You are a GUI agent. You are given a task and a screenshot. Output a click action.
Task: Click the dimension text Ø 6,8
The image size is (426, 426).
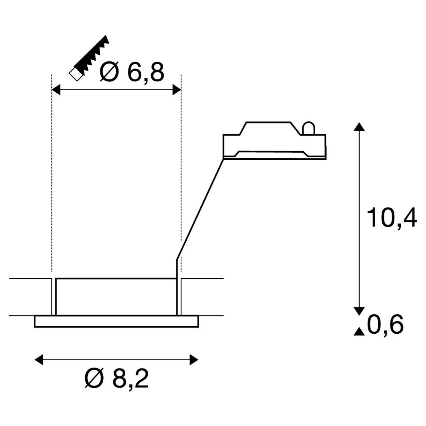(132, 73)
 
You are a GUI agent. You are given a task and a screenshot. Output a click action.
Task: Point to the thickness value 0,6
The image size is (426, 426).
(386, 325)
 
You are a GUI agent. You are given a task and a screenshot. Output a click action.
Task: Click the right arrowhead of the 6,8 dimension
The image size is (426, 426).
(176, 90)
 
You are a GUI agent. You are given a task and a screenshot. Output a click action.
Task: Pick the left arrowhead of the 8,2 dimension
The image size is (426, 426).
(39, 360)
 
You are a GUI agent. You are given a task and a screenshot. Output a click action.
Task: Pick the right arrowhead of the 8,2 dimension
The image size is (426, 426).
(194, 360)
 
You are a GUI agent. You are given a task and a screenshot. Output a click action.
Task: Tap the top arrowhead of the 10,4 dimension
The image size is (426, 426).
(360, 127)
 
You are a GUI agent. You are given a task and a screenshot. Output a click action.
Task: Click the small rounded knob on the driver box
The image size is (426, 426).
(308, 128)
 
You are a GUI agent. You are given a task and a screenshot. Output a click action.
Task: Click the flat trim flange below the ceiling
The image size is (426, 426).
(116, 321)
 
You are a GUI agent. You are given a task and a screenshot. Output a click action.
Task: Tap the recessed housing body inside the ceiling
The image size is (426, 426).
(116, 296)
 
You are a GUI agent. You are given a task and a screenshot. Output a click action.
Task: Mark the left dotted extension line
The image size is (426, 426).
(52, 177)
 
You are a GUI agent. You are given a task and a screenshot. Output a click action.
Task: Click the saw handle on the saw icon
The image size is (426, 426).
(76, 74)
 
